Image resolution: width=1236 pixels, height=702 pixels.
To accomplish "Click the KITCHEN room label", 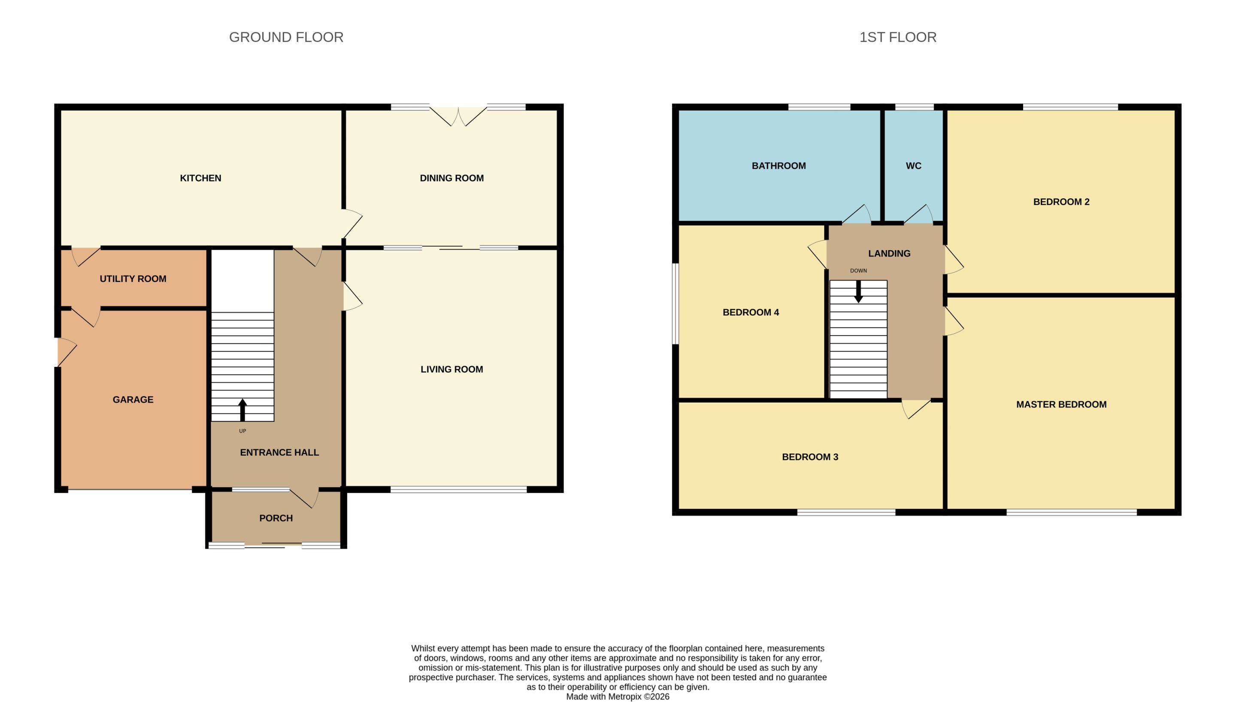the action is click(x=200, y=178).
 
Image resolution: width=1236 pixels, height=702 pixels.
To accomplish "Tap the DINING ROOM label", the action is click(x=451, y=178).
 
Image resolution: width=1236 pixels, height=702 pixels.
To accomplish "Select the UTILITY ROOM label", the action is click(x=133, y=278).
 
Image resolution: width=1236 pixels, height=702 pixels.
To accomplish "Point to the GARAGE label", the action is click(x=133, y=399).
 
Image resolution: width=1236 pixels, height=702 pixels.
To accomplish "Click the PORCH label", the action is click(x=276, y=518).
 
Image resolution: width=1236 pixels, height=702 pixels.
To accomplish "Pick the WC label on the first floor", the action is click(x=914, y=166).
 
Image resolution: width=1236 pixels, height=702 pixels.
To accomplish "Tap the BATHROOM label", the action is click(x=779, y=166).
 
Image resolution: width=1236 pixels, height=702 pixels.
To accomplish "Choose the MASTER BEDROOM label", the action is click(x=1061, y=405).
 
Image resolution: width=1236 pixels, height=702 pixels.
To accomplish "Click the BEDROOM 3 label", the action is click(x=810, y=457).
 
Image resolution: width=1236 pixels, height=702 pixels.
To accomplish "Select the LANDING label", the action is click(x=889, y=254).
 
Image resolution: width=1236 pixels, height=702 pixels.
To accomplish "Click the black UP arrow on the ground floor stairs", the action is click(x=242, y=410).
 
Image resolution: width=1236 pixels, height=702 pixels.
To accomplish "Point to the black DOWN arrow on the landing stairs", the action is click(x=858, y=292).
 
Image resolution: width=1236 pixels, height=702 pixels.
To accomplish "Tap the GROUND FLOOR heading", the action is click(x=286, y=37).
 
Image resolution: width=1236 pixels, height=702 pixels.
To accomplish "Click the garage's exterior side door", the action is click(x=67, y=352).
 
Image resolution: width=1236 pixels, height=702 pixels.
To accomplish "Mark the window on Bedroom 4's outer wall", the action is click(x=676, y=304).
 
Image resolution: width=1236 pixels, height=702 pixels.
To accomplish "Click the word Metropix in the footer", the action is click(x=625, y=697).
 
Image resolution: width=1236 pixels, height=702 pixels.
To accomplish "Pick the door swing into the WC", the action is click(x=918, y=214).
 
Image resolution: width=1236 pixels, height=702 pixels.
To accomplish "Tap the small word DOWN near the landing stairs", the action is click(x=858, y=271).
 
